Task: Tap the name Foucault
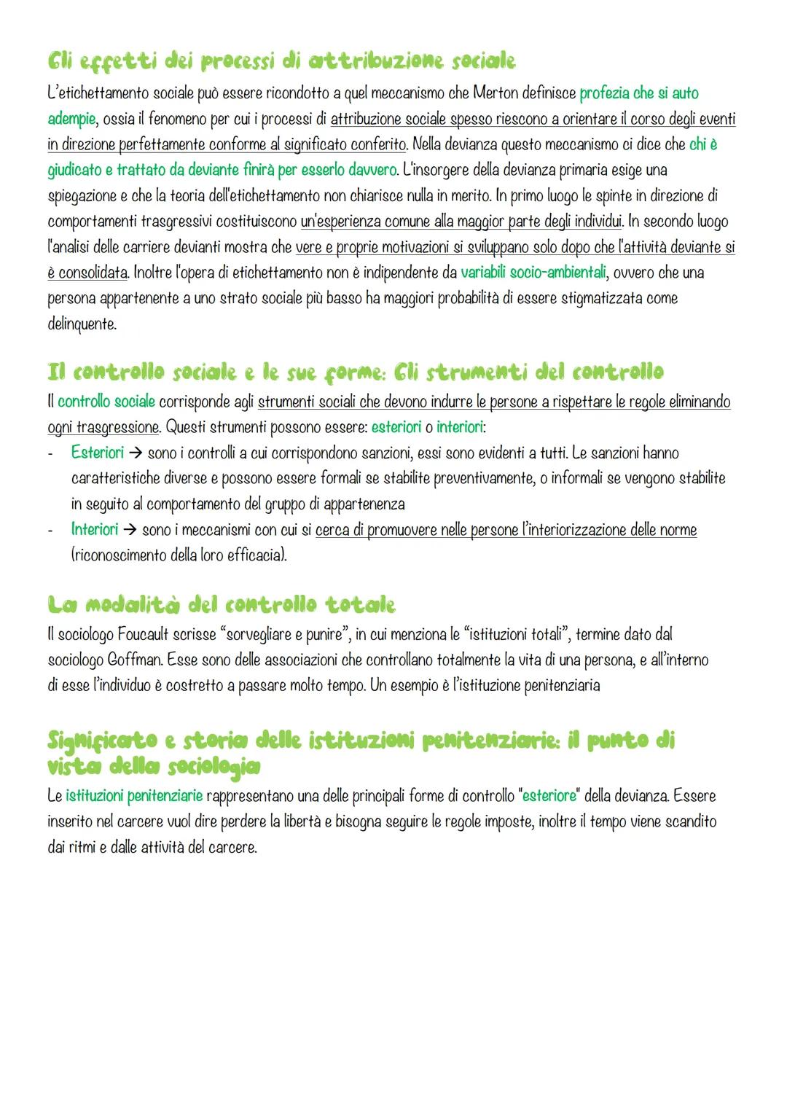(x=141, y=635)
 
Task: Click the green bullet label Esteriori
(x=98, y=453)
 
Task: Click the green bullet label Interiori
(x=95, y=529)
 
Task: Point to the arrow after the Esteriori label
(x=136, y=453)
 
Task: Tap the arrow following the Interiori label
(x=130, y=530)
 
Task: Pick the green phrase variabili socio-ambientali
(x=533, y=273)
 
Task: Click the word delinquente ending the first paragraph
(x=82, y=324)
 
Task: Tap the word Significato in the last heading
(x=102, y=741)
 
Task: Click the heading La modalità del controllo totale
(x=222, y=604)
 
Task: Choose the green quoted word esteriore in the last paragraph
(x=549, y=796)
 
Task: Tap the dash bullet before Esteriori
(x=50, y=453)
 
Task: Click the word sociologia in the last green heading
(x=213, y=767)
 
